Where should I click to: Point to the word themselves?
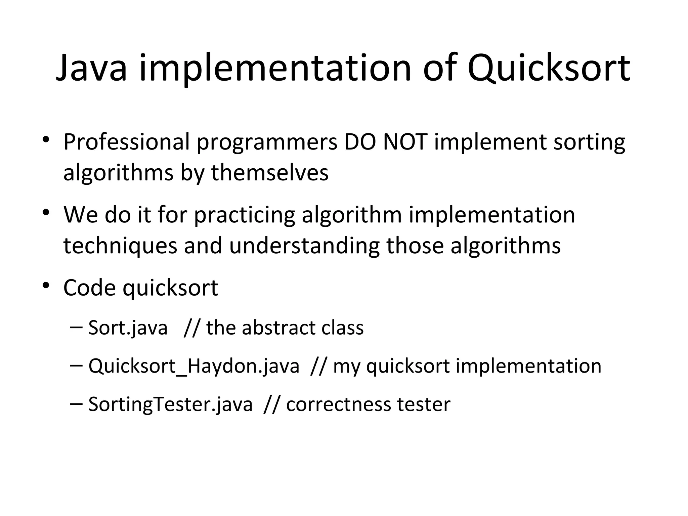coord(269,173)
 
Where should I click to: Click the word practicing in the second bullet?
coord(244,215)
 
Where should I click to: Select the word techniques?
coord(120,246)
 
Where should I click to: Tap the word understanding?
coord(304,246)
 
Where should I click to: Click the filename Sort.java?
coord(128,328)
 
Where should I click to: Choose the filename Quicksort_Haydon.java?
coord(194,366)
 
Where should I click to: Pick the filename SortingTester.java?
coord(170,404)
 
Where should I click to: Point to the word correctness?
coord(338,404)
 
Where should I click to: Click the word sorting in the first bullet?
coord(589,142)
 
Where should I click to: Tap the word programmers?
coord(267,142)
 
